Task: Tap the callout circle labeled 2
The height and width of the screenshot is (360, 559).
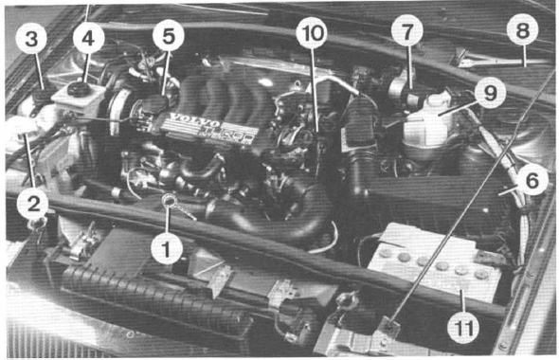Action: click(31, 201)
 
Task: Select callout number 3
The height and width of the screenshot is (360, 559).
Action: click(31, 40)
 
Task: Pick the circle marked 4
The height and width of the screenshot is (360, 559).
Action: click(89, 40)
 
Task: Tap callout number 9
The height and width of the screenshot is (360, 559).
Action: click(490, 93)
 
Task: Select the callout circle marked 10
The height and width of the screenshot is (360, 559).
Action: click(310, 34)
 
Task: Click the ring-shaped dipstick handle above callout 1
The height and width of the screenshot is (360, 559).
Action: click(169, 200)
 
